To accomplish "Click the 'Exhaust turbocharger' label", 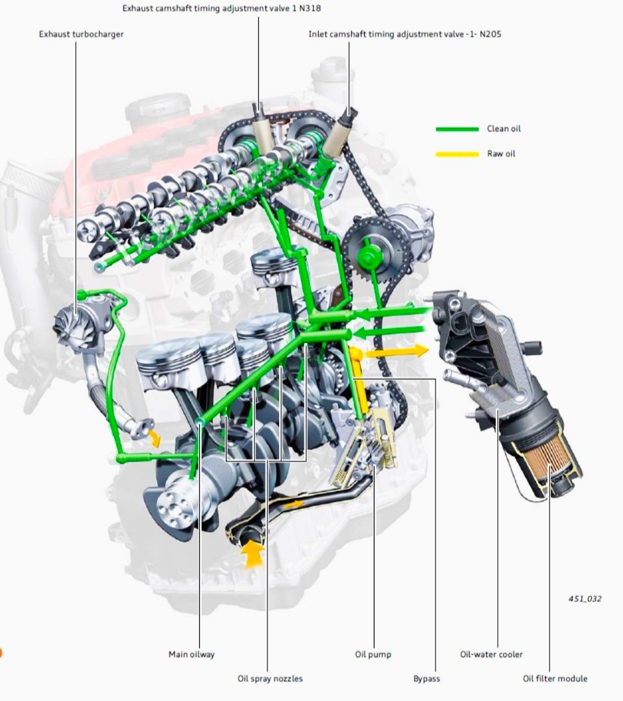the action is point(81,34).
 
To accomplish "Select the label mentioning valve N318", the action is point(222,8).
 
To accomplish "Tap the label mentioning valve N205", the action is point(405,34).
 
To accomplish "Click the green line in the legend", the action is point(458,129).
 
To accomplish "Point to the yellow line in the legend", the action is point(458,154).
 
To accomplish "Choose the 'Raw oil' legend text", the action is point(501,154).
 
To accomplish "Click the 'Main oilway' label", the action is point(191,654).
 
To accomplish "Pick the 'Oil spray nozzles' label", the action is point(270,679).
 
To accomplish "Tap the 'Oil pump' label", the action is point(373,654).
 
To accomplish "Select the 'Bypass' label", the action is point(426,679).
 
